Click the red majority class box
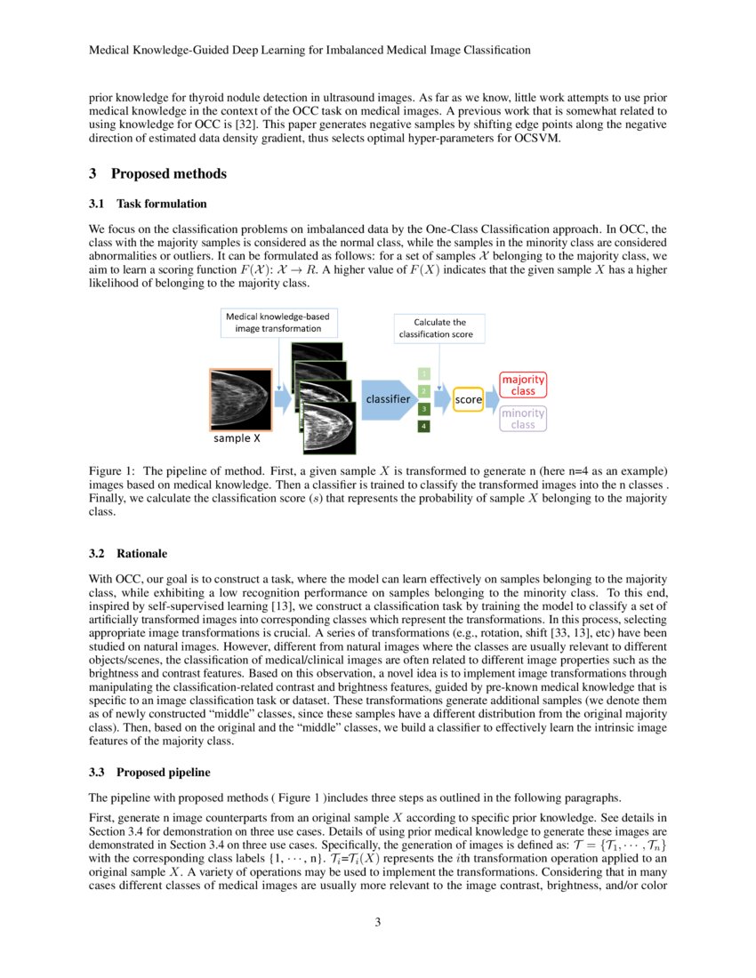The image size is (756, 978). tap(523, 384)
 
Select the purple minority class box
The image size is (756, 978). tap(523, 419)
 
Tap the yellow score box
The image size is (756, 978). tap(468, 400)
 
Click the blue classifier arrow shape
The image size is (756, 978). tap(390, 399)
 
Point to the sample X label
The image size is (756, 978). tap(237, 438)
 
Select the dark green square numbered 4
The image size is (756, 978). tap(424, 427)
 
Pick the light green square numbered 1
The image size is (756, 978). tap(424, 373)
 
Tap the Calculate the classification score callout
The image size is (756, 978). tap(440, 328)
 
